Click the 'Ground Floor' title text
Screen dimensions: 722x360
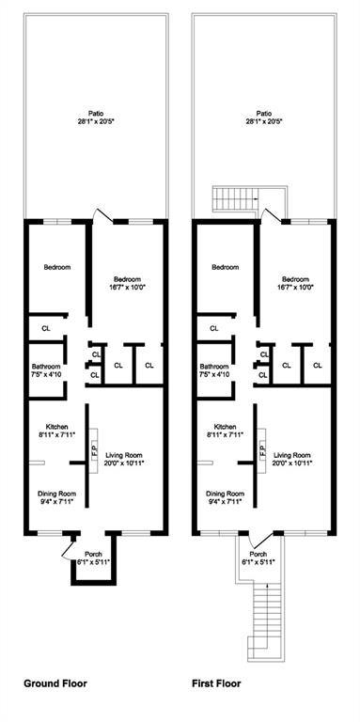point(55,683)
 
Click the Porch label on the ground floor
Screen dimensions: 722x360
point(94,557)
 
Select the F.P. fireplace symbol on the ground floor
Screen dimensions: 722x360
point(94,450)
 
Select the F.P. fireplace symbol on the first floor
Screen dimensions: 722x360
point(263,450)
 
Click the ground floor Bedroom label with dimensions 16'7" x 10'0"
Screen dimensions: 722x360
point(127,284)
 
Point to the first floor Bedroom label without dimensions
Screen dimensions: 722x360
point(225,268)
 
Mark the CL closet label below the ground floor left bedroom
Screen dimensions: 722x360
point(45,328)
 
